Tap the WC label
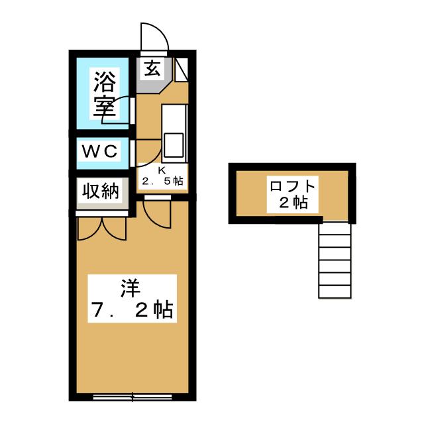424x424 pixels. [x=100, y=152]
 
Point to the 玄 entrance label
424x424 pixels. [x=152, y=68]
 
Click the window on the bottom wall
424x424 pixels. [x=132, y=397]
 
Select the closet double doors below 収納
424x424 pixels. [x=101, y=227]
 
